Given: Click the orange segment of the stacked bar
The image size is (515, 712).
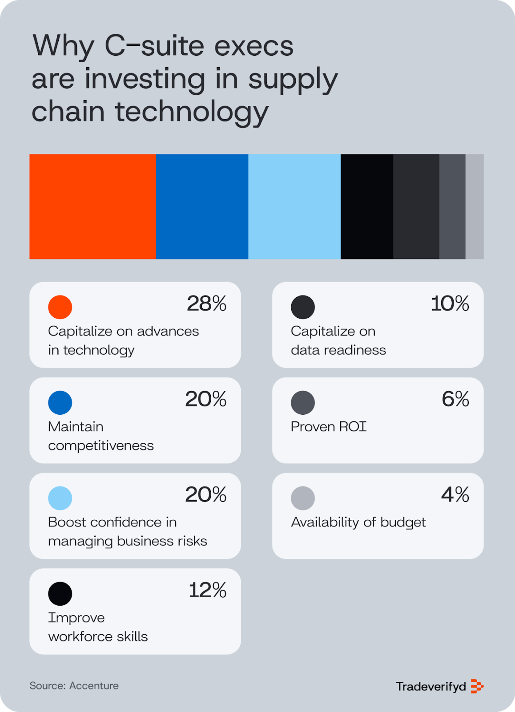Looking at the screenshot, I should tap(93, 206).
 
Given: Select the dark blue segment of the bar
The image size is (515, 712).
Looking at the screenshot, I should tap(202, 206).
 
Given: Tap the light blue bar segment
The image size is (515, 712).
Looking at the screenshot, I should tap(294, 206).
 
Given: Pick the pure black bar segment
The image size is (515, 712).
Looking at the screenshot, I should tap(367, 206).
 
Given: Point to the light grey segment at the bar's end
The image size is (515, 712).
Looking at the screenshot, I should tap(475, 206).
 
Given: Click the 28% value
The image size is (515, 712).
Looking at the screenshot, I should tap(206, 304).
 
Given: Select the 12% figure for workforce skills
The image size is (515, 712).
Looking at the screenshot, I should tap(207, 591).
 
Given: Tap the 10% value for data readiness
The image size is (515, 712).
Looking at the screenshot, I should tap(450, 304).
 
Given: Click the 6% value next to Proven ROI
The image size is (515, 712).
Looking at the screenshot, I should tap(455, 399).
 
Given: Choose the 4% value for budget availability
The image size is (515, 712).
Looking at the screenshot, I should tap(455, 495).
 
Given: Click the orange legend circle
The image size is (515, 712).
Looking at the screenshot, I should tap(60, 307).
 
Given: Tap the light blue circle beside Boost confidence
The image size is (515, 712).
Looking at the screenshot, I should tap(60, 498).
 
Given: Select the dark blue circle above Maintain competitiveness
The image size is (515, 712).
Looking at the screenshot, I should tap(60, 402).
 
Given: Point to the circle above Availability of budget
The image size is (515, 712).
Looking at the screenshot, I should tap(303, 498).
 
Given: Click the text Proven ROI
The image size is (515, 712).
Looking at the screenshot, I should tap(328, 427).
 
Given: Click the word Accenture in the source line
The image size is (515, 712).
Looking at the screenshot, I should tap(94, 686).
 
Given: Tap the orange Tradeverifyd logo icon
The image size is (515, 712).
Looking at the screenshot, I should tap(477, 686).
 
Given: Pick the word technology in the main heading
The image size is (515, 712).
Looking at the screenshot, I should tap(192, 112).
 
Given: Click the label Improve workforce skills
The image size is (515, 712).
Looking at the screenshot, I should tap(98, 627).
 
